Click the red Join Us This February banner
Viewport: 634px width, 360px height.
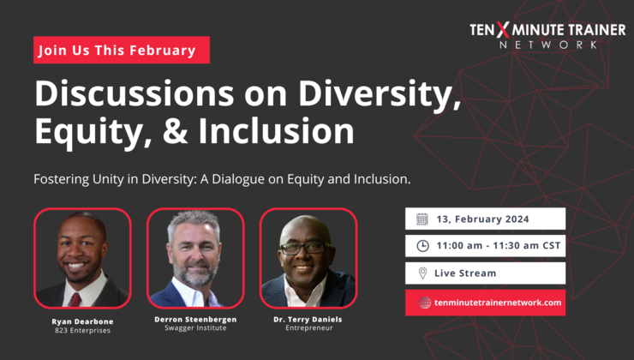122,51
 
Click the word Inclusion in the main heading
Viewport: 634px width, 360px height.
276,131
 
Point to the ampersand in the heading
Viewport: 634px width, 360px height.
168,131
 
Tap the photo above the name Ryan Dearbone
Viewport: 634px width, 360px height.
82,257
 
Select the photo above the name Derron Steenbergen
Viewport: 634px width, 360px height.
195,257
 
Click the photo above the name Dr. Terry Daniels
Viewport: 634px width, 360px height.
308,257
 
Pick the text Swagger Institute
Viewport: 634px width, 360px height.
195,328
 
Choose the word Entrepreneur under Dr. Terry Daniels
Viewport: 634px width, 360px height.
308,328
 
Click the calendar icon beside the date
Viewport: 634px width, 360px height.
422,219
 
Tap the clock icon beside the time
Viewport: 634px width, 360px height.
422,246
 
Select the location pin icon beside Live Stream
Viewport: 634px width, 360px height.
422,273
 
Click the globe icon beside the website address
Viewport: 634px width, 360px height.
425,303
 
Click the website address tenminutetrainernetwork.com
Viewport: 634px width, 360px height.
498,303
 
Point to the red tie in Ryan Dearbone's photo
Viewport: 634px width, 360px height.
75,299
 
